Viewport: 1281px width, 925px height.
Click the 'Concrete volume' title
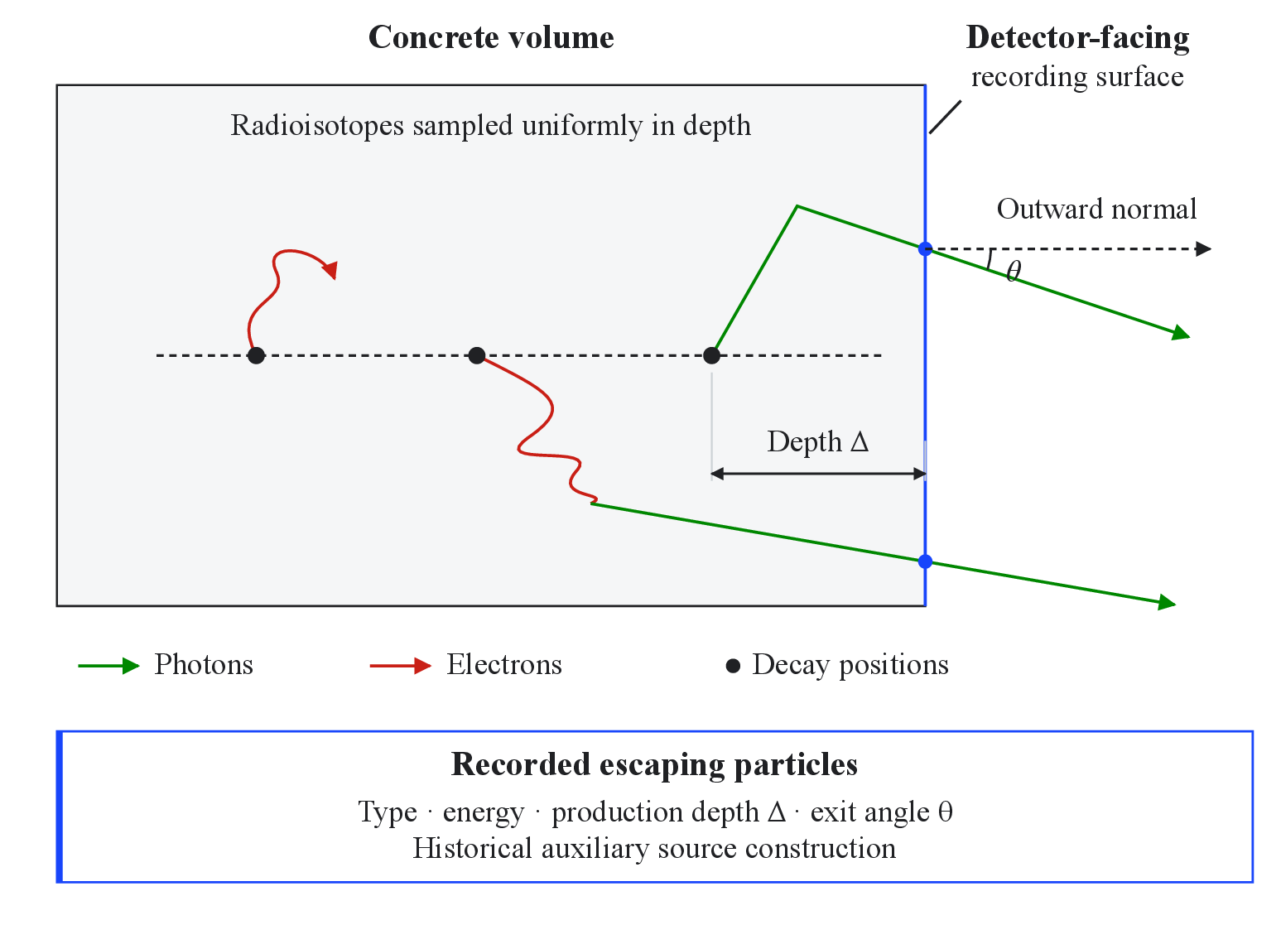coord(491,38)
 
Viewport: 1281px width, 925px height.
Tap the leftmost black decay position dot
coord(256,355)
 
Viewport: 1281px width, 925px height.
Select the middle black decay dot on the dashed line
coord(476,355)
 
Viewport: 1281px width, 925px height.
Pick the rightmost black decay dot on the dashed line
coord(711,355)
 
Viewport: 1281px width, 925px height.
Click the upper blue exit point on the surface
coord(925,248)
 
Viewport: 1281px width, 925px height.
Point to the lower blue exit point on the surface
coord(925,561)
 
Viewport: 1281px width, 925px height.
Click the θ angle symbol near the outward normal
coord(1014,271)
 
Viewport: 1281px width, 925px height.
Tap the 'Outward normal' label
coord(1096,209)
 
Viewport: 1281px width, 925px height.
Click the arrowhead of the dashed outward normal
coord(1203,248)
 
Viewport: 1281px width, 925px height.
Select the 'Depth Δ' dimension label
coord(818,441)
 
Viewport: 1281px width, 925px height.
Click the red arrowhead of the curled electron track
coord(331,269)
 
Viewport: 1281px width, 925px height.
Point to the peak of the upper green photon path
coord(797,206)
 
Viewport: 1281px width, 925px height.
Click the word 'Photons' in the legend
coord(204,665)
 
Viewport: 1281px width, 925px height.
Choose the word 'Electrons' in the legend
coord(504,665)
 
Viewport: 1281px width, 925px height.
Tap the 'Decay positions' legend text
coord(850,665)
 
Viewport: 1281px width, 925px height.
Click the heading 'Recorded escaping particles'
coord(654,765)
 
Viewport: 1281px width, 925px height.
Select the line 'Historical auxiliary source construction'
coord(654,848)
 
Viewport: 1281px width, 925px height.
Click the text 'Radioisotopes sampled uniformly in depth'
coord(491,125)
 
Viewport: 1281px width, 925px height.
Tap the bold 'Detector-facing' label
coord(1077,38)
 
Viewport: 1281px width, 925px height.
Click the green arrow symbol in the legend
coord(108,666)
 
